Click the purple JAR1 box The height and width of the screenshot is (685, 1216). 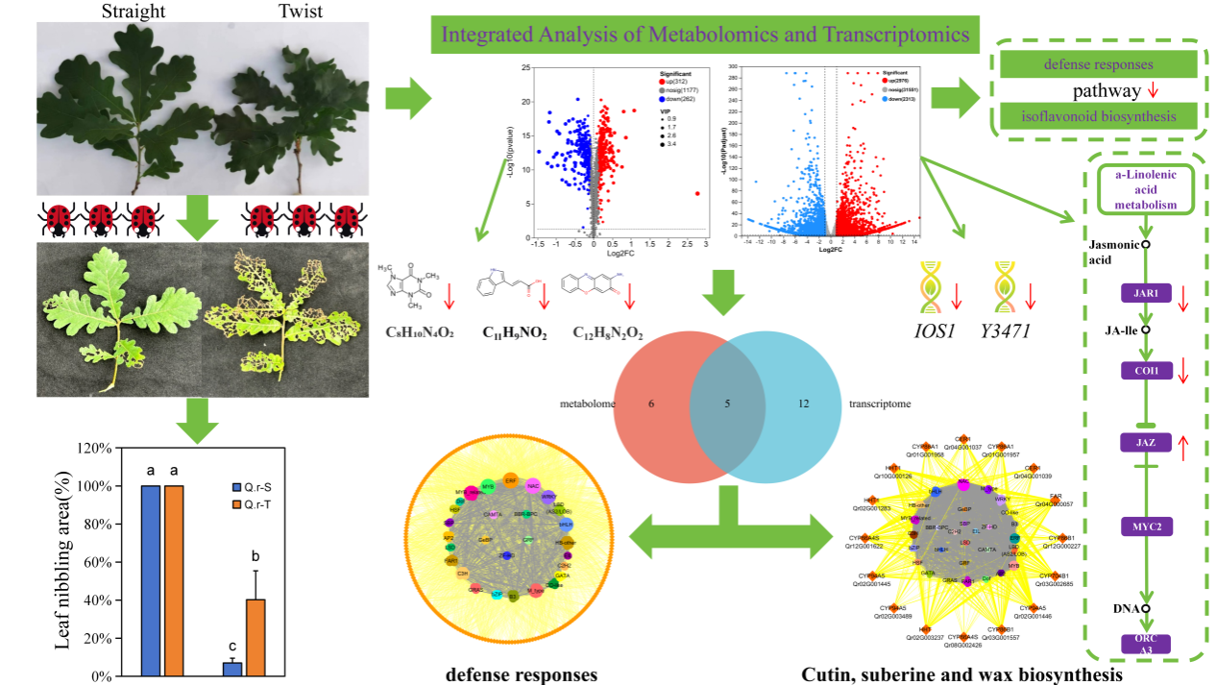tap(1142, 293)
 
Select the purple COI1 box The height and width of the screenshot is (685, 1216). tap(1142, 369)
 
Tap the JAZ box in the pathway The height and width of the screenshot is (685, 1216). tap(1142, 443)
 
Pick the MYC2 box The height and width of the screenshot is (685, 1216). tap(1142, 526)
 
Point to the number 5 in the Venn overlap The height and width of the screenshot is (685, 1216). tap(727, 404)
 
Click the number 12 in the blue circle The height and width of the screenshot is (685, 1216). tap(803, 404)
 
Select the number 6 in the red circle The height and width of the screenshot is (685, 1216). tap(651, 404)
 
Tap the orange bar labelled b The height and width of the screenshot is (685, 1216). tap(255, 638)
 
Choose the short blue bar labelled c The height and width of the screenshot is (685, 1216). tap(232, 669)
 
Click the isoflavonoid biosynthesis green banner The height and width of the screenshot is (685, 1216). tap(1099, 117)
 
